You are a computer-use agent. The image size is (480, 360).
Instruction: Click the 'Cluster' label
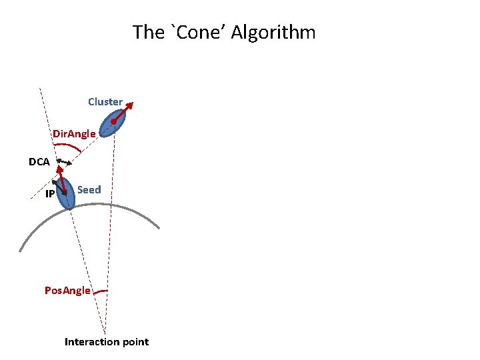pos(105,102)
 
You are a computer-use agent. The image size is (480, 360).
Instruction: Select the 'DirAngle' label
pos(75,134)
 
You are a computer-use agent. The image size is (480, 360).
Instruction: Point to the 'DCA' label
pos(39,161)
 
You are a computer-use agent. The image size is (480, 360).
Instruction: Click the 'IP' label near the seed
pos(50,194)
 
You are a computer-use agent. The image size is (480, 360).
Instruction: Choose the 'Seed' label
pos(89,190)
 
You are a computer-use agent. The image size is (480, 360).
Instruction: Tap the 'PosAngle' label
pos(67,290)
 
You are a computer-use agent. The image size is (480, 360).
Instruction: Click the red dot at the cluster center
pos(115,121)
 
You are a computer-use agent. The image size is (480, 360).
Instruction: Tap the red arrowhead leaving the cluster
pos(130,104)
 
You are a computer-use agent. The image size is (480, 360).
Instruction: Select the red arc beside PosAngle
pos(101,292)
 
